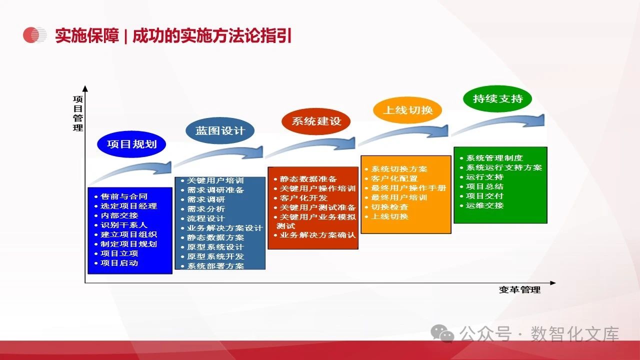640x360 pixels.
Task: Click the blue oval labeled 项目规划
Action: point(131,144)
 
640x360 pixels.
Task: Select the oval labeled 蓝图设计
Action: point(220,131)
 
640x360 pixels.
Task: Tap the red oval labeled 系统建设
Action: point(316,121)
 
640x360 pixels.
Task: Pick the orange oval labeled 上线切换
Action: point(407,110)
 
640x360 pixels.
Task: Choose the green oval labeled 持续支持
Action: point(497,99)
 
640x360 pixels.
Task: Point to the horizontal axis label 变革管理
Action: point(519,289)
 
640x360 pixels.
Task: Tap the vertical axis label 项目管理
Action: point(78,113)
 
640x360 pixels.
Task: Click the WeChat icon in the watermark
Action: point(442,333)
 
